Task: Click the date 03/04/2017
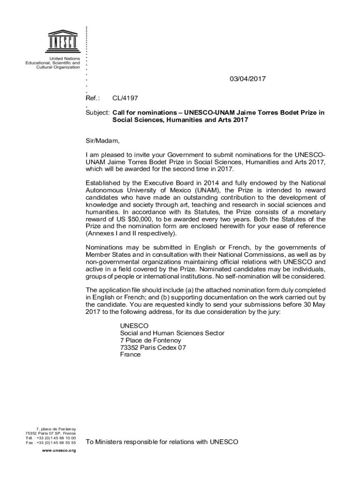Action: pos(247,79)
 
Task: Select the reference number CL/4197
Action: pos(125,98)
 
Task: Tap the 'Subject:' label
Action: pos(97,113)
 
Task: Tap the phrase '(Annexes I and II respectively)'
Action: pos(131,233)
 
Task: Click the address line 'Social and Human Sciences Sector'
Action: pos(172,333)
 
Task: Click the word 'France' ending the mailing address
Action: pos(130,354)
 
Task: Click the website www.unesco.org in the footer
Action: pos(58,450)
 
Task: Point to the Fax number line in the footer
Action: pos(51,442)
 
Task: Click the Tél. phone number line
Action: pos(51,437)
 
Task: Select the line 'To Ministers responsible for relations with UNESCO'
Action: pos(162,442)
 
